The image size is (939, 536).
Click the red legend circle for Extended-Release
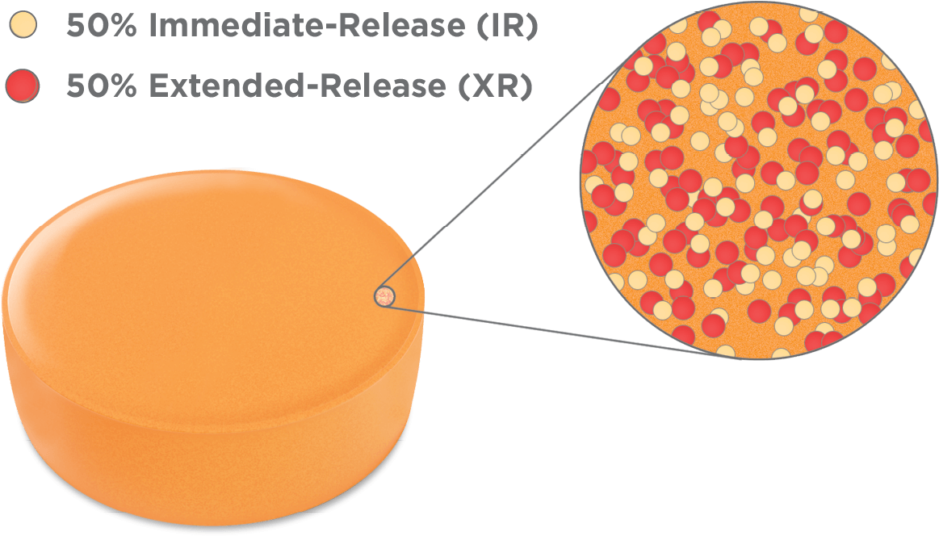(x=23, y=86)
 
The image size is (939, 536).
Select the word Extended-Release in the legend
(x=296, y=86)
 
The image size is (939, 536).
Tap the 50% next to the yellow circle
(x=100, y=27)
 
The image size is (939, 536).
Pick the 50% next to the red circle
(x=100, y=86)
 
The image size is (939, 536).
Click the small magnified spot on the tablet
(x=385, y=297)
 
